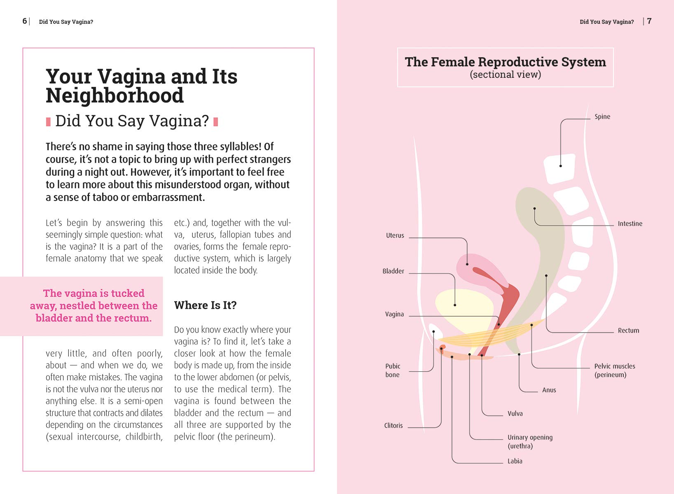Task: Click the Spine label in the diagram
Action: click(602, 117)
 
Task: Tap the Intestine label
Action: click(630, 224)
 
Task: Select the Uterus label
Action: click(395, 235)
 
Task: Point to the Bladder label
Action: click(393, 271)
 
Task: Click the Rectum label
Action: click(628, 331)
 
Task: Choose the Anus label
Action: click(549, 390)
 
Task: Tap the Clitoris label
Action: click(393, 426)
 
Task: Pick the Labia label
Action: click(515, 461)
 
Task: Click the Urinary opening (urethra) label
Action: click(529, 441)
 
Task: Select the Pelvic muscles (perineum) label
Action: click(614, 370)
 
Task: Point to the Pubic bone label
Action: click(392, 370)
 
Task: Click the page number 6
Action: click(25, 21)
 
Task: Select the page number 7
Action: click(649, 21)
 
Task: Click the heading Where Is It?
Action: click(205, 305)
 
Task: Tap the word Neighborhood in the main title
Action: click(115, 96)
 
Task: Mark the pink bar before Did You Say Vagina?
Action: click(48, 121)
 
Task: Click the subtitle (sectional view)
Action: click(505, 75)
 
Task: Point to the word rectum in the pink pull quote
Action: click(133, 318)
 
